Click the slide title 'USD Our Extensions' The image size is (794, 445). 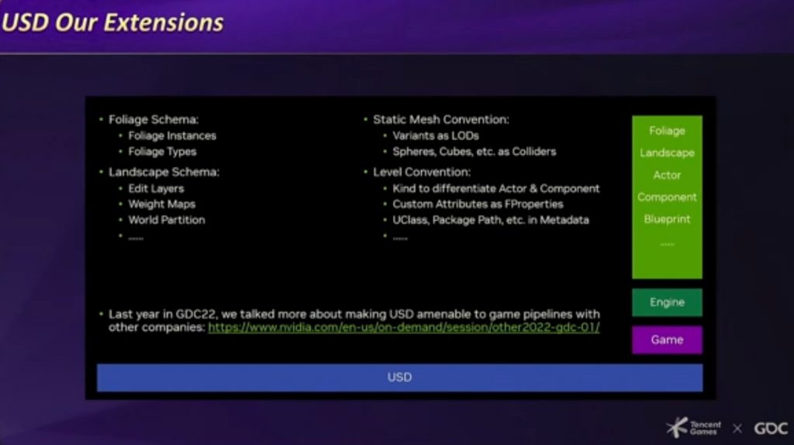[112, 22]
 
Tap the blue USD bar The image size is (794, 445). [399, 378]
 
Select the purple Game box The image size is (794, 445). [667, 340]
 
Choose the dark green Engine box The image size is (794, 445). [667, 302]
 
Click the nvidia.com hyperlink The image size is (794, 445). [403, 328]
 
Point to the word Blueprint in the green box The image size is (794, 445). [667, 219]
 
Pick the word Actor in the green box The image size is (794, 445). [667, 175]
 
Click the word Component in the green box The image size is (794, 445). [667, 197]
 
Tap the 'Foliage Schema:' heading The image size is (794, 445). [154, 119]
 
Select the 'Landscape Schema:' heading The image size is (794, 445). [164, 172]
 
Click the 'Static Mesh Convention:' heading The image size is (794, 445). [441, 119]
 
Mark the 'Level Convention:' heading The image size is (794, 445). [422, 172]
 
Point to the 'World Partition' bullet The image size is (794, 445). [167, 220]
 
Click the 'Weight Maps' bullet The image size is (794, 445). [161, 205]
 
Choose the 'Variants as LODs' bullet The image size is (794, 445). [436, 136]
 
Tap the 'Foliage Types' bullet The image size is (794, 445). [162, 152]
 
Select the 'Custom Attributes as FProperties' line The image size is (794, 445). [478, 205]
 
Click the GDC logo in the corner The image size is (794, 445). [771, 428]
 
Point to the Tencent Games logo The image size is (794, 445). [693, 428]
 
